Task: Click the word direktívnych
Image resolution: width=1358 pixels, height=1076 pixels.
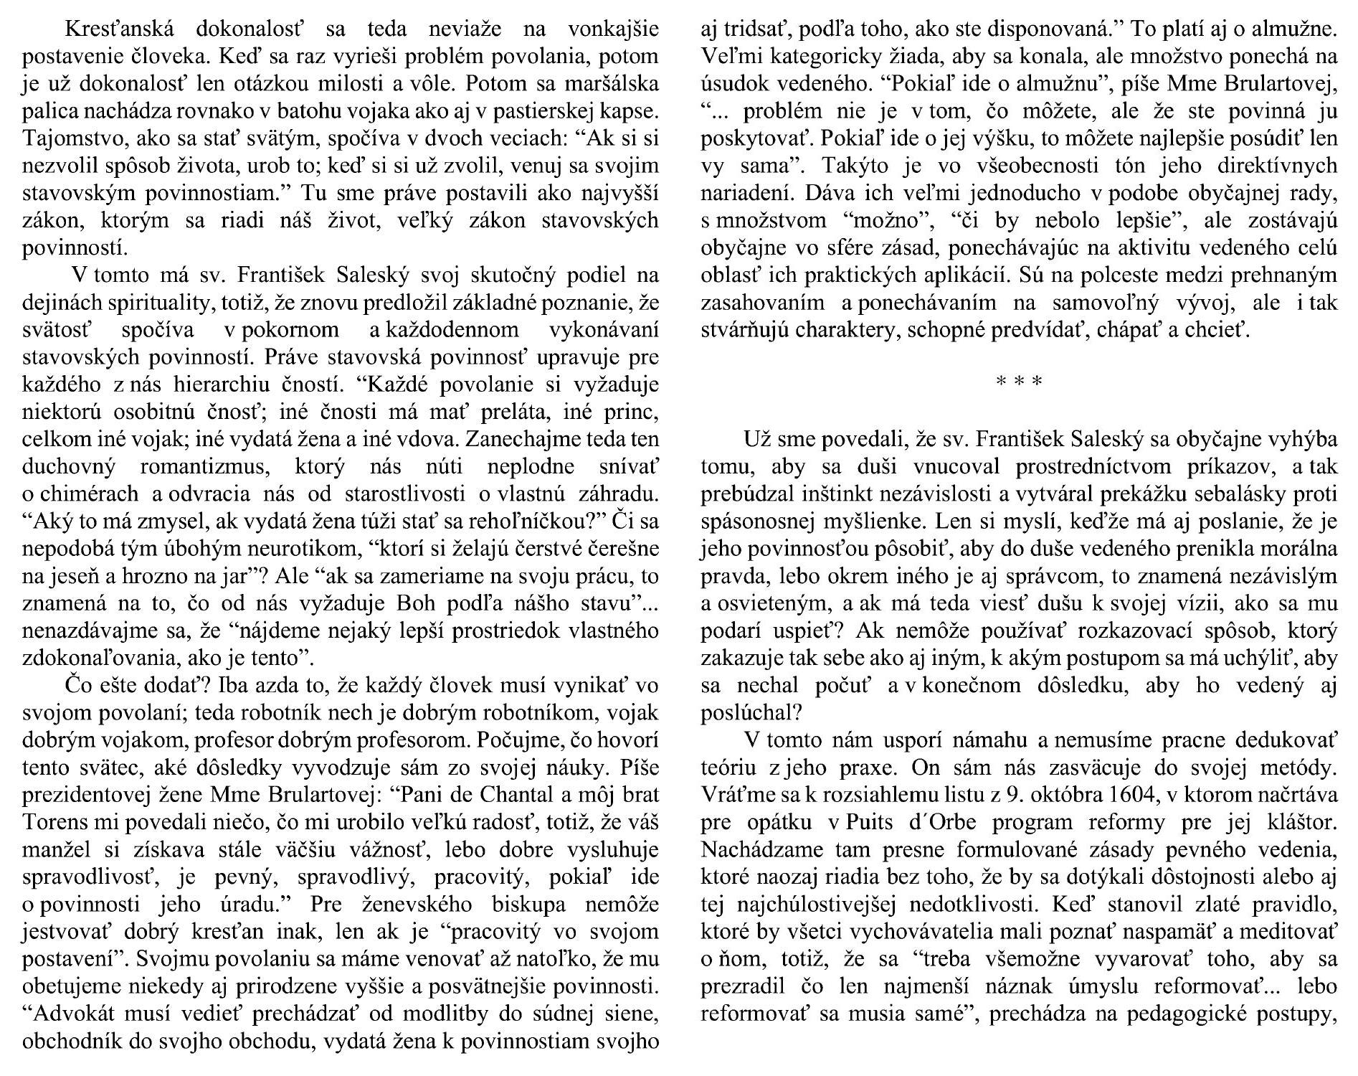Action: (1269, 166)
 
